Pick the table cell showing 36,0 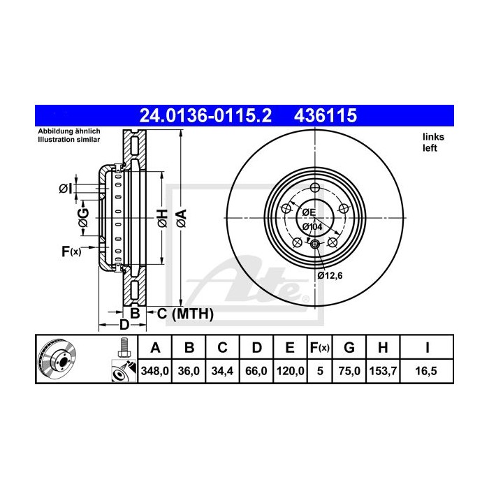(x=189, y=372)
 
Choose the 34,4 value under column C (x=222, y=372)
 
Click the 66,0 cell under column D (x=256, y=372)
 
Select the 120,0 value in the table (x=290, y=372)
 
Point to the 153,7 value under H (x=384, y=372)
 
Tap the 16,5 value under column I (x=427, y=372)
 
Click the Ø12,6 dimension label (x=330, y=275)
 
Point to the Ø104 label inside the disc (x=312, y=227)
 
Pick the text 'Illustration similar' (x=69, y=140)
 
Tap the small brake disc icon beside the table (x=57, y=360)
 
